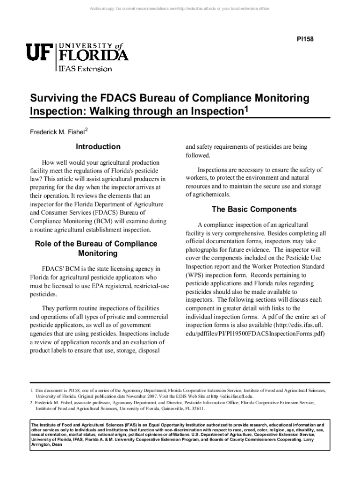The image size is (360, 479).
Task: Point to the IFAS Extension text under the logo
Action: tap(85, 69)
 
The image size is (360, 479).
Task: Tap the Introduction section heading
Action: tap(98, 147)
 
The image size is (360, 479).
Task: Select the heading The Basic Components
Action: tap(254, 209)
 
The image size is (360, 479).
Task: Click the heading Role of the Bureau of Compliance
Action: tap(96, 244)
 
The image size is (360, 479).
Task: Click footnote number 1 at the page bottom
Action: tap(31, 390)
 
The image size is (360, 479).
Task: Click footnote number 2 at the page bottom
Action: tap(31, 402)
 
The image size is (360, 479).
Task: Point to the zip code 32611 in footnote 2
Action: tap(196, 408)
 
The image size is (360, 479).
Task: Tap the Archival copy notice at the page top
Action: tap(180, 9)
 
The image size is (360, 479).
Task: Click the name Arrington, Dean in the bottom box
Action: tap(46, 445)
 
